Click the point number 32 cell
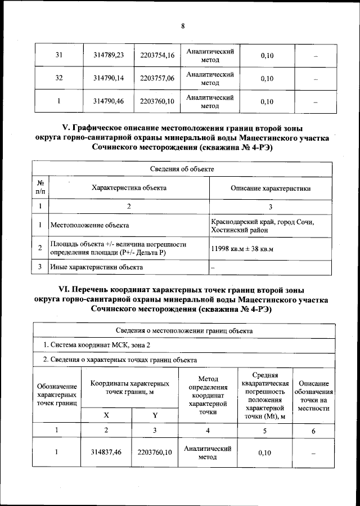tap(58, 78)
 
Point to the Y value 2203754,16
tap(157, 55)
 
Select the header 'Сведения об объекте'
tap(182, 169)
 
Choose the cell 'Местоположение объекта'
tap(89, 226)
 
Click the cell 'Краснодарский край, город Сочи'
tap(262, 222)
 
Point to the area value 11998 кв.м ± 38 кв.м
tap(241, 248)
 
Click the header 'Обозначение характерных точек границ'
tap(57, 395)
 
